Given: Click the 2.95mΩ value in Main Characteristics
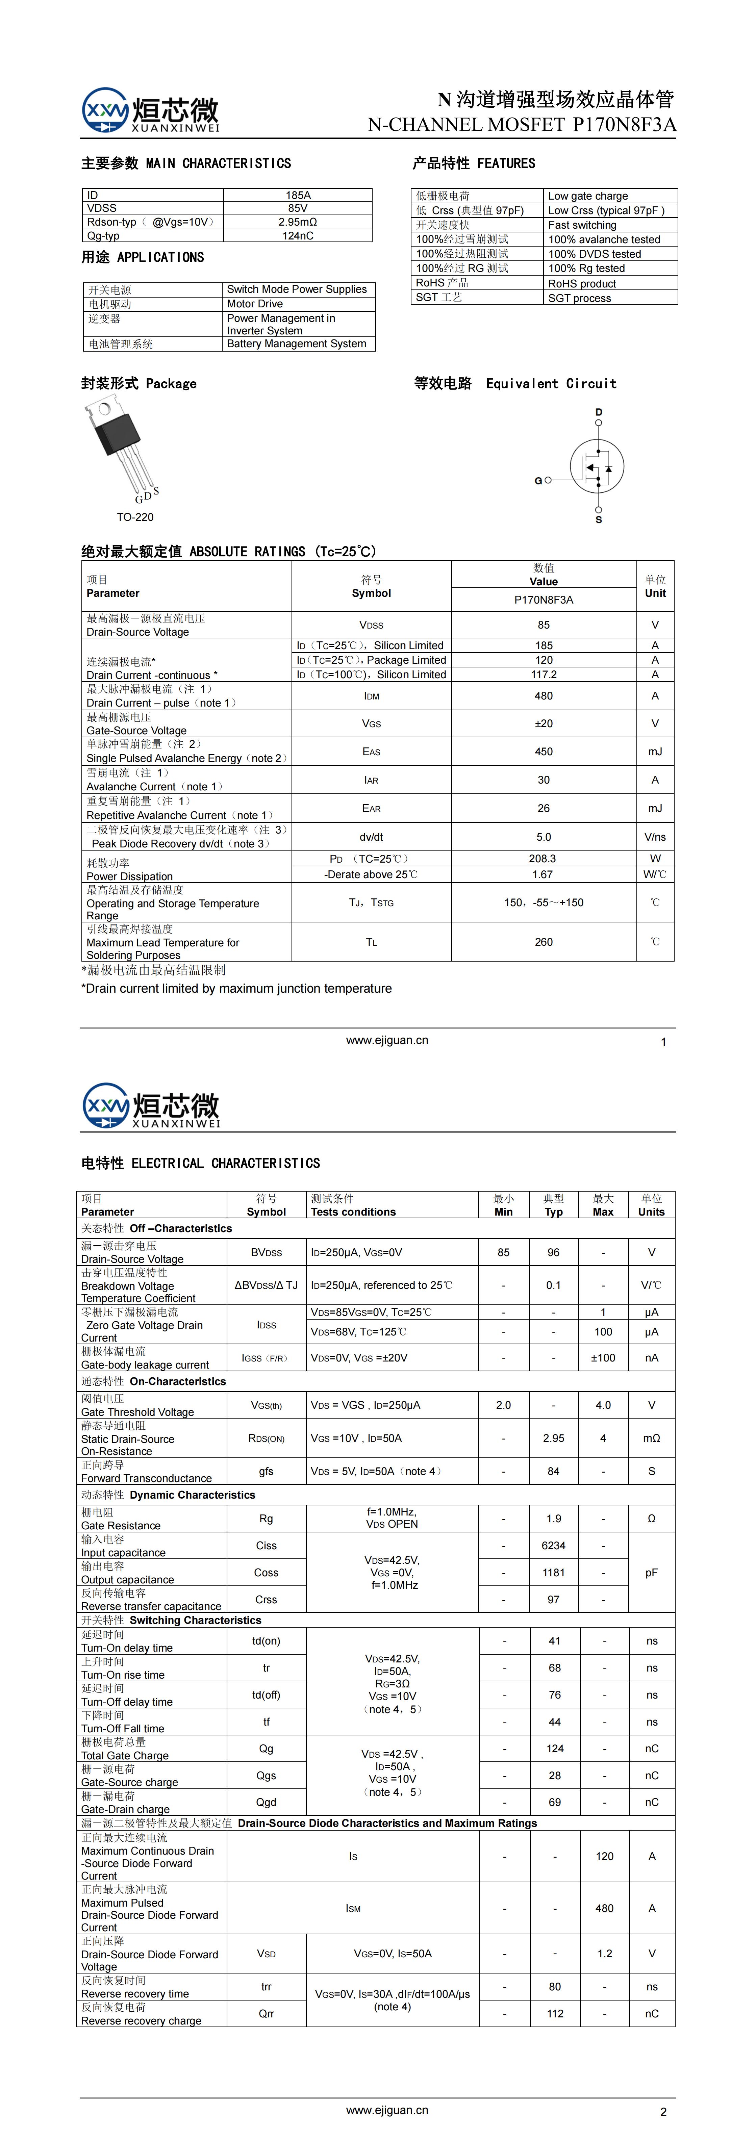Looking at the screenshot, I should point(297,222).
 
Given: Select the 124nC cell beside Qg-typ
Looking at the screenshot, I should point(297,236).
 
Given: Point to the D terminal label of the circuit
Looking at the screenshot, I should point(598,412).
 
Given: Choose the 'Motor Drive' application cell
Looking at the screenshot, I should point(255,304).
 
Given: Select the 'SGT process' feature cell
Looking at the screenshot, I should point(579,298).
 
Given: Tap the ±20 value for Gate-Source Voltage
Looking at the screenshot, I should point(543,723).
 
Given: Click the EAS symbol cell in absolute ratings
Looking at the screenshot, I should point(371,752).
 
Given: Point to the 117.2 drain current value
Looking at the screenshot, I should point(543,674).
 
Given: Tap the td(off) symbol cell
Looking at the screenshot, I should point(266,1695).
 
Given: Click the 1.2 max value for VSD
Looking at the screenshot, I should point(604,1953).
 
